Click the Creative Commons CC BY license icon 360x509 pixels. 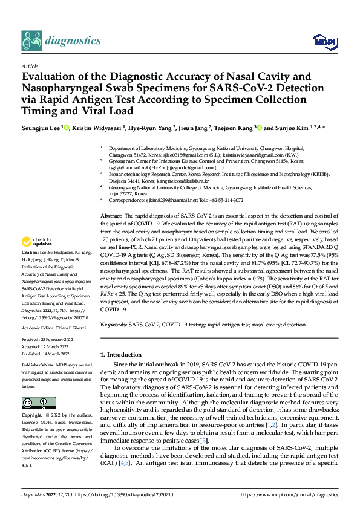[35, 403]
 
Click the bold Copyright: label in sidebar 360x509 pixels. [33, 417]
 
